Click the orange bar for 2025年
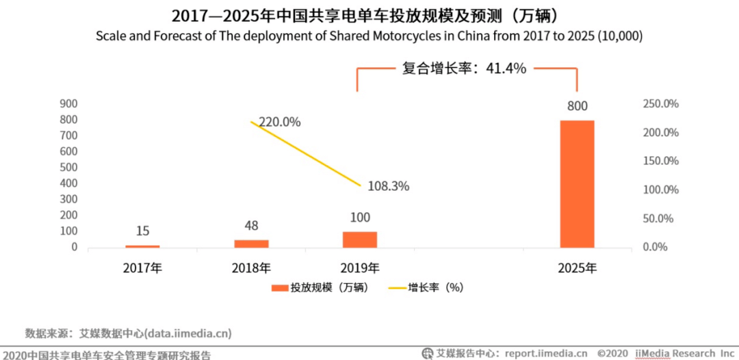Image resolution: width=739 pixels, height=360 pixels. click(577, 183)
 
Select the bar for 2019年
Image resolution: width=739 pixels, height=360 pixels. click(360, 239)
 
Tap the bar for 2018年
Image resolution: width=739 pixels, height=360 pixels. click(251, 243)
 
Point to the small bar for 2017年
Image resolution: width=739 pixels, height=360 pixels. click(142, 246)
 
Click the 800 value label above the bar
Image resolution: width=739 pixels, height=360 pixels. click(577, 106)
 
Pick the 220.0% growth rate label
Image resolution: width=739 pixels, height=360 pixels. click(279, 122)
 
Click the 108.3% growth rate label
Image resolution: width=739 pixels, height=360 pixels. click(388, 185)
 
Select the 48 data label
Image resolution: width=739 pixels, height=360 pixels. click(251, 225)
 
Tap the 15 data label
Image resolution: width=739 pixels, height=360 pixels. click(142, 231)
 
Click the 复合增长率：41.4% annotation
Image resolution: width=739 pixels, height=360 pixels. click(463, 68)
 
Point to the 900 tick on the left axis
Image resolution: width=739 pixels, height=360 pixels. click(68, 103)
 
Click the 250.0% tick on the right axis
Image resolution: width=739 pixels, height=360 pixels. click(661, 103)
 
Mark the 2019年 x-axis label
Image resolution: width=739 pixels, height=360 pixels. click(360, 268)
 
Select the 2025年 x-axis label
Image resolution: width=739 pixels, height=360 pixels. click(577, 268)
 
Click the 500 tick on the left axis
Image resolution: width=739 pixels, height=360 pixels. click(68, 167)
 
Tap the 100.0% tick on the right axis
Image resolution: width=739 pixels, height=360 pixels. click(661, 190)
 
